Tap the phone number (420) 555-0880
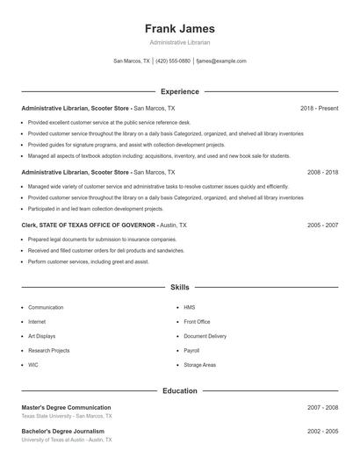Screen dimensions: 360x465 click(x=173, y=61)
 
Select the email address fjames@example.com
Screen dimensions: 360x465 click(x=221, y=61)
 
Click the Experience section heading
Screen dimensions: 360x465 click(x=179, y=91)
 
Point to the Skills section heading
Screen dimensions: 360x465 click(x=179, y=287)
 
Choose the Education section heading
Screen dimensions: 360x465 click(x=179, y=390)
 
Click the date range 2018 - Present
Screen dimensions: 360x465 click(x=319, y=108)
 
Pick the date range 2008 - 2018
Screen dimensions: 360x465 click(x=322, y=173)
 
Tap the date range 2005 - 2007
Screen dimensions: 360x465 click(x=322, y=225)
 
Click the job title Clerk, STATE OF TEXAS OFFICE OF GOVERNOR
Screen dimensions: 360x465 click(x=89, y=225)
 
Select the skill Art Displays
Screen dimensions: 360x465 click(x=41, y=336)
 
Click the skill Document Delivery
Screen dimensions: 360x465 click(x=205, y=336)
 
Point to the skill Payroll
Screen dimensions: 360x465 click(x=191, y=350)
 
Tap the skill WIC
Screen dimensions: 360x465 click(x=33, y=364)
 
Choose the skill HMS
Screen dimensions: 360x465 click(x=189, y=308)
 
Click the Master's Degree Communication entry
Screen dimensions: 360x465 click(x=66, y=408)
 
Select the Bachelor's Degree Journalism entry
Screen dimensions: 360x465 click(x=62, y=432)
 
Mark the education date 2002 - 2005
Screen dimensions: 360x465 click(x=322, y=432)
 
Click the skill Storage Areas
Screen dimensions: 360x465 click(x=199, y=364)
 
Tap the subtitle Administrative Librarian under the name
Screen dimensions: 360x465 click(x=179, y=42)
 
